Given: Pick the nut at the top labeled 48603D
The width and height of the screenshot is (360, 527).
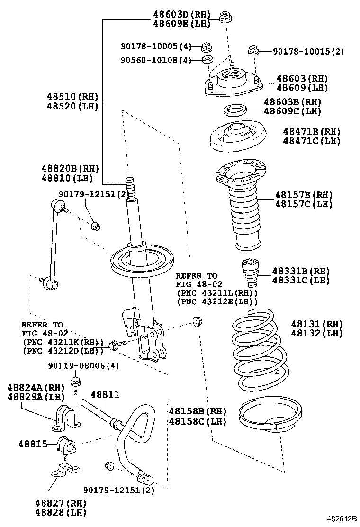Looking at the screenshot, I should pos(225,18).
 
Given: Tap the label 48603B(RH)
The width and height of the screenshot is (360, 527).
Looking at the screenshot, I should pos(292,102).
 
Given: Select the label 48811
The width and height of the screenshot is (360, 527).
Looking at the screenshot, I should pos(105,394).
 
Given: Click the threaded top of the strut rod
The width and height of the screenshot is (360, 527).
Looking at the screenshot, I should pos(130,187).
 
